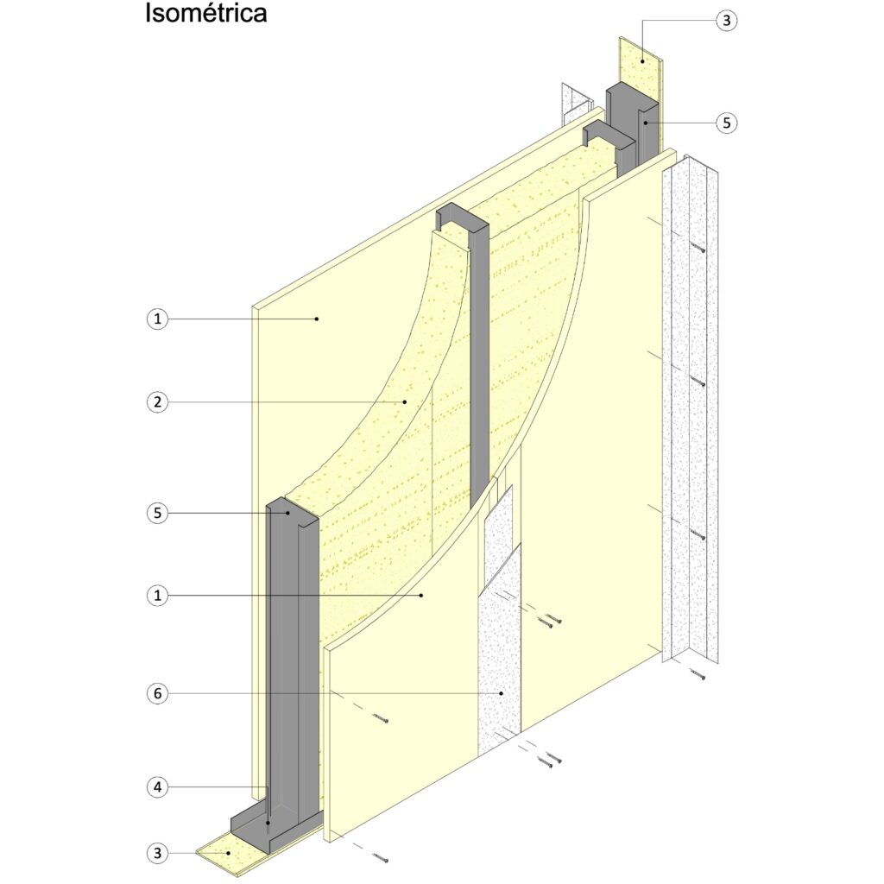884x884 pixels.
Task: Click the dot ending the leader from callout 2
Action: (x=405, y=402)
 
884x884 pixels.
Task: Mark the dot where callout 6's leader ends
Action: (x=500, y=693)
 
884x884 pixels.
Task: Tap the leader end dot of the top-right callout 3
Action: (x=642, y=61)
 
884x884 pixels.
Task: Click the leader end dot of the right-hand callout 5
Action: (x=645, y=123)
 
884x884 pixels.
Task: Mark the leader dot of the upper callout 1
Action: (x=316, y=319)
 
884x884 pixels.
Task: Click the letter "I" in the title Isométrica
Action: (x=148, y=14)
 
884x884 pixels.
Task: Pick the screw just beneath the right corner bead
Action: (x=698, y=673)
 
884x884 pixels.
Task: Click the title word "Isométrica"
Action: (x=205, y=14)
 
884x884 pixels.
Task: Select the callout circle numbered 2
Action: (x=157, y=402)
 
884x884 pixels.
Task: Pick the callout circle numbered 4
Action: (x=157, y=786)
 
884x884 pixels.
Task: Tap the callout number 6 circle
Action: (x=157, y=693)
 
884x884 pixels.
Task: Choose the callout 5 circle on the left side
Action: (x=157, y=513)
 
